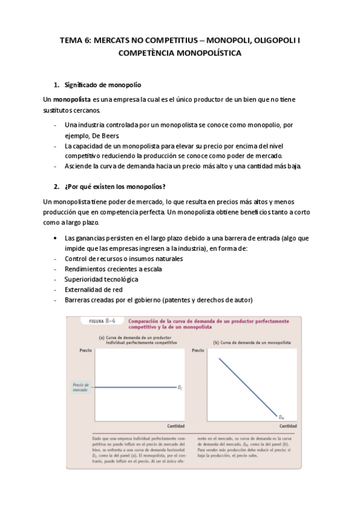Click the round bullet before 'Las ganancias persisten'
coord(56,238)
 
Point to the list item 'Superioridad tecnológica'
coord(101,279)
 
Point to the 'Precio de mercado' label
coord(81,387)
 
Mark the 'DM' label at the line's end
coord(281,416)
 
